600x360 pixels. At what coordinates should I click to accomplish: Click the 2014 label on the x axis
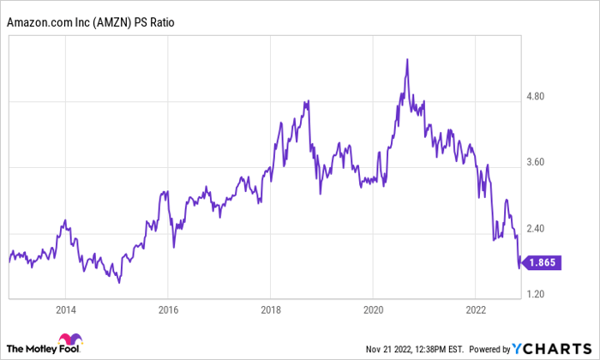(x=65, y=309)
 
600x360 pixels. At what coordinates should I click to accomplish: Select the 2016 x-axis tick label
(x=168, y=309)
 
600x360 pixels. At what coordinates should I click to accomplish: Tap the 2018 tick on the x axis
(x=271, y=309)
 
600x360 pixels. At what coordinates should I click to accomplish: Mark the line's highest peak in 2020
(x=407, y=59)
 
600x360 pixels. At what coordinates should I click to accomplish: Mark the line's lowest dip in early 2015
(x=119, y=281)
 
